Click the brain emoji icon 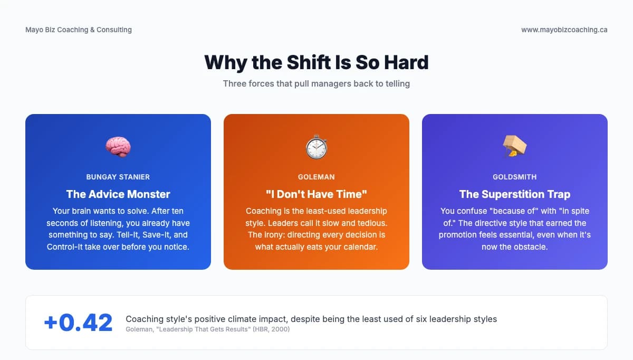click(x=118, y=146)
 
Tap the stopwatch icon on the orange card click(x=316, y=146)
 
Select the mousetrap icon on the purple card click(x=514, y=146)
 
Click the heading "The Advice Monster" click(x=118, y=194)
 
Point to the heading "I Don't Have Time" click(x=316, y=194)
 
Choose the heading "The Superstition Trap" click(x=514, y=194)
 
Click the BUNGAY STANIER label click(x=118, y=177)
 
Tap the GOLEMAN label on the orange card click(x=316, y=177)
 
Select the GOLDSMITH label click(x=514, y=177)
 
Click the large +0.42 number click(x=78, y=323)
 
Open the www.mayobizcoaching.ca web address click(x=564, y=30)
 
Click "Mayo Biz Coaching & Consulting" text click(x=79, y=30)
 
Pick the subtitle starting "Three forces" click(x=316, y=83)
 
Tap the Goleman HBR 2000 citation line click(x=208, y=329)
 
